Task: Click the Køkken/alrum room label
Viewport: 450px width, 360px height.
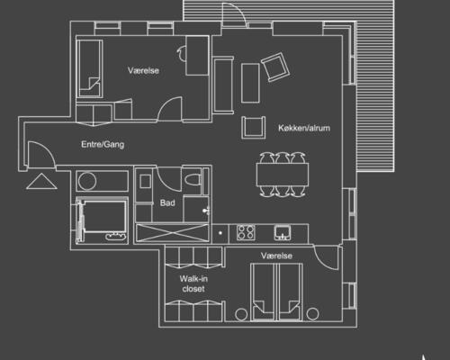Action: click(x=304, y=128)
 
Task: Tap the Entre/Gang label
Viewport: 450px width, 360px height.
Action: click(x=103, y=144)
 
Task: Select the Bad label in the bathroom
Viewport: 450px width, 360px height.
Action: click(x=167, y=202)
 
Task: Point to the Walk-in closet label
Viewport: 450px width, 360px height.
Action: click(x=193, y=283)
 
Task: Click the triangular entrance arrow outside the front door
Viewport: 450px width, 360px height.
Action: click(x=41, y=182)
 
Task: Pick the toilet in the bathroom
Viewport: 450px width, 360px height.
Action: click(x=193, y=180)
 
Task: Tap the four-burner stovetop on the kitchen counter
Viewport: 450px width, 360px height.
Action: click(x=246, y=232)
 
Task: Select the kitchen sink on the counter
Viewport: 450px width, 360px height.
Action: click(x=283, y=233)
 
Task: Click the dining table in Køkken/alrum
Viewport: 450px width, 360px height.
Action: click(x=283, y=175)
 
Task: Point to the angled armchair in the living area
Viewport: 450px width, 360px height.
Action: click(x=275, y=67)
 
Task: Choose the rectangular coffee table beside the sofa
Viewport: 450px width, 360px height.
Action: click(x=250, y=83)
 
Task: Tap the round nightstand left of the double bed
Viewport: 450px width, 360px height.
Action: click(x=241, y=314)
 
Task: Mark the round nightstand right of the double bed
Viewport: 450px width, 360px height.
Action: click(x=312, y=314)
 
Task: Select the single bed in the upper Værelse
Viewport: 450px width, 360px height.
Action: click(x=89, y=68)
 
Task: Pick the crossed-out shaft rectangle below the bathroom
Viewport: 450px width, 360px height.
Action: click(x=173, y=233)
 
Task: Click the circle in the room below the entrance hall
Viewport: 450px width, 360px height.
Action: click(x=87, y=181)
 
